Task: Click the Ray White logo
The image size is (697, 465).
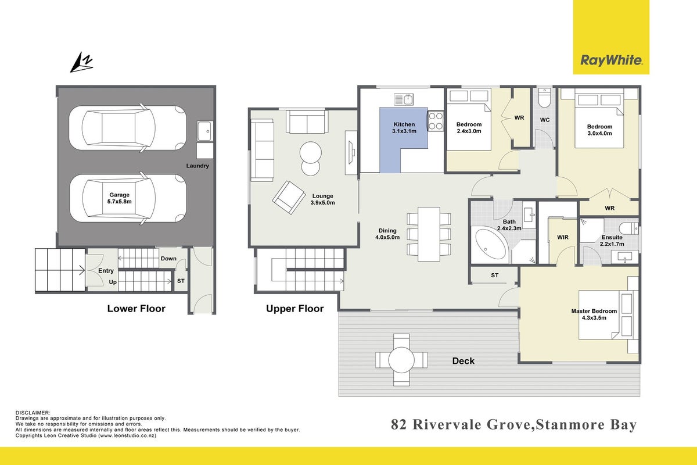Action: (611, 60)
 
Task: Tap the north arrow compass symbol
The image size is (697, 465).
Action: (81, 62)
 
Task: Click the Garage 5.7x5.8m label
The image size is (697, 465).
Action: (120, 198)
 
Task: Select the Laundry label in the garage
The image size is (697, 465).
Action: (197, 166)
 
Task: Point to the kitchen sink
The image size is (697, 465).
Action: (404, 99)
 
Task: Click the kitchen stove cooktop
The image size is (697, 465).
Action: (435, 121)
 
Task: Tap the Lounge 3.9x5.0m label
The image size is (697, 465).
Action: (323, 199)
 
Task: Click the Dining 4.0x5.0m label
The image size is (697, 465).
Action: (387, 234)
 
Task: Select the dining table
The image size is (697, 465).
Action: (429, 234)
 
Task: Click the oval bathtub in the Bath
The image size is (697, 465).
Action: (491, 244)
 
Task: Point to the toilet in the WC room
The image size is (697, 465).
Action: (545, 98)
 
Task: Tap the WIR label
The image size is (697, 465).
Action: (563, 237)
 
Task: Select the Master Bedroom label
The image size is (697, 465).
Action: (594, 314)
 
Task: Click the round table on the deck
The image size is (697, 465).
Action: (401, 360)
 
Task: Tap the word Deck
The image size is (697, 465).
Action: (464, 361)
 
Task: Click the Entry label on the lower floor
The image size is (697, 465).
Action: (106, 271)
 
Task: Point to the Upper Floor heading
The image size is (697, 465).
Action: (294, 309)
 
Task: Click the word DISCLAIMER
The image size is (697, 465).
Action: (33, 413)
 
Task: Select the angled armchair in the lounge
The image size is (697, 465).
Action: (289, 198)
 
